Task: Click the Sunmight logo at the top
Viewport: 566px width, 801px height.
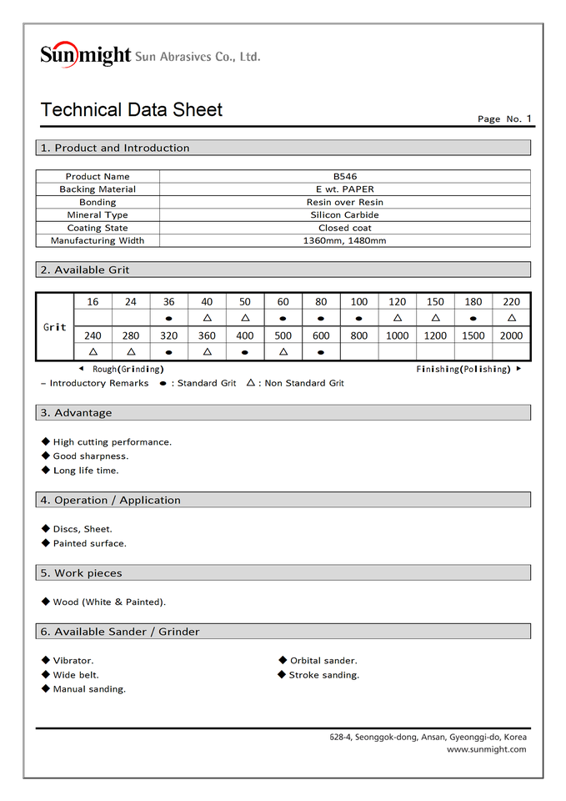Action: pos(85,55)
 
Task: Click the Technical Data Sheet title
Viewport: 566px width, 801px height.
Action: pos(132,109)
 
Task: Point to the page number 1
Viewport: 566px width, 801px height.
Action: pos(528,118)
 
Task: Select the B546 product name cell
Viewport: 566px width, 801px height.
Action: pos(344,176)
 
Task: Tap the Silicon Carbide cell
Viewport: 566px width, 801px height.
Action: pos(344,215)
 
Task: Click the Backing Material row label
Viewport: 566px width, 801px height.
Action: pos(98,189)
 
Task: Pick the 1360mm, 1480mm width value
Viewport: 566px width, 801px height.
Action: pos(344,241)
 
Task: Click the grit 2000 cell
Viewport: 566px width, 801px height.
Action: pos(511,335)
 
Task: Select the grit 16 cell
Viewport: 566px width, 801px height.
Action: pos(93,302)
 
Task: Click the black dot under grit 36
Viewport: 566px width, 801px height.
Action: pos(169,319)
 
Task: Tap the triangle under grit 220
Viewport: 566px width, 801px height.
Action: pos(511,318)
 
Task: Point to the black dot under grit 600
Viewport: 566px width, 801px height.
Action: pos(321,352)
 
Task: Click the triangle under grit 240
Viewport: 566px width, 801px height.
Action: pos(93,351)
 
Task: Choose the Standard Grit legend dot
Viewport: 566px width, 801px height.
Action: pos(163,384)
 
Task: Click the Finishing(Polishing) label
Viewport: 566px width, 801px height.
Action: pos(463,369)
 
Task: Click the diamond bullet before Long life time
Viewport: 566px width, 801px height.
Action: pos(46,470)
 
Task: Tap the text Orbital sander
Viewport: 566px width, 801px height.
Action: pos(323,661)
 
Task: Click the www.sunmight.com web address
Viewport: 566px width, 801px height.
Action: pos(486,749)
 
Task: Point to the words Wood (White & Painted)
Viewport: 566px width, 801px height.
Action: pos(109,602)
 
